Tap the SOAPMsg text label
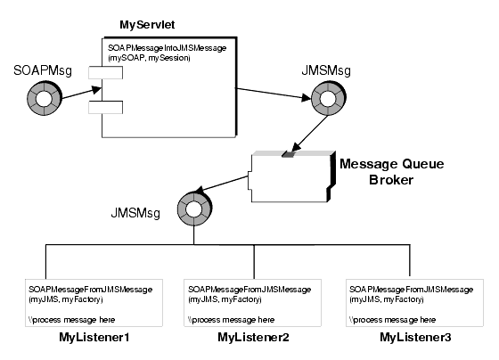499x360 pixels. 38,69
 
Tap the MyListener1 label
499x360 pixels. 94,339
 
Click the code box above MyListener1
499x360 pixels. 94,302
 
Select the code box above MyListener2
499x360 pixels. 254,302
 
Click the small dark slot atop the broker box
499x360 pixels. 288,155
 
